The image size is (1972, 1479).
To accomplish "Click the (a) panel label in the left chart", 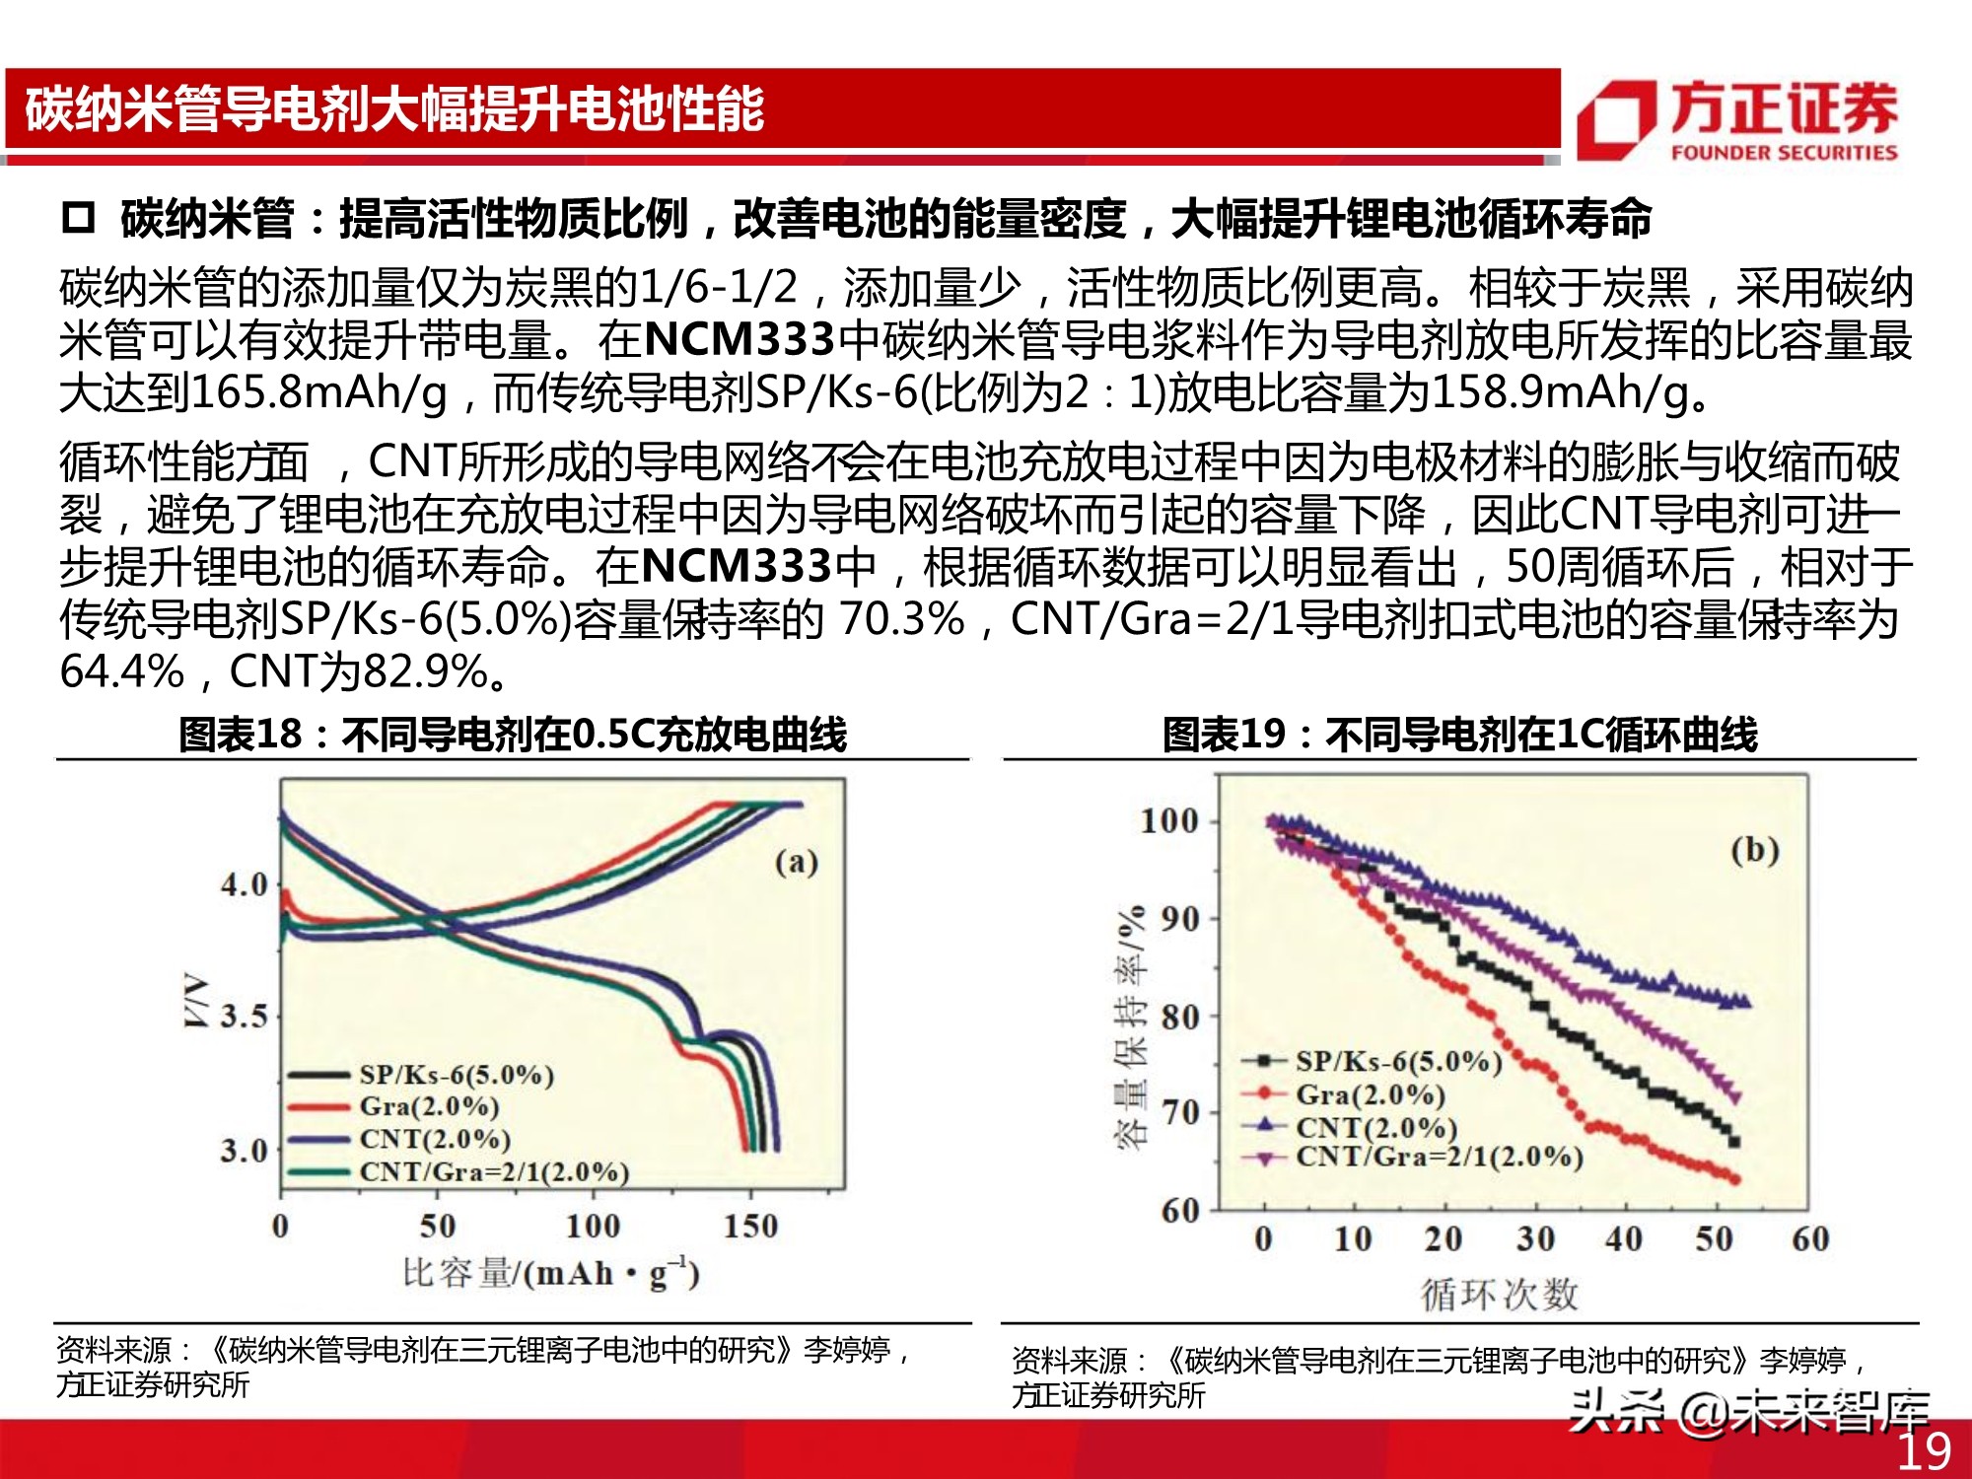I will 797,862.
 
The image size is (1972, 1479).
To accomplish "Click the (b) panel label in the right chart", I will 1755,850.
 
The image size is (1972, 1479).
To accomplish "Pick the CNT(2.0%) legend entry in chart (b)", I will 1375,1126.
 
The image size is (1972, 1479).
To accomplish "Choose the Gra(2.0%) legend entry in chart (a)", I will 429,1106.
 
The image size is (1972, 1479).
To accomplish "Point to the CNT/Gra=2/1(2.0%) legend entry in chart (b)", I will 1439,1157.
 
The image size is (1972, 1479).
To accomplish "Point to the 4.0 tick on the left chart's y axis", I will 244,884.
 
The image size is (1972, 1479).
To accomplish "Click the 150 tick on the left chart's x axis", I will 750,1226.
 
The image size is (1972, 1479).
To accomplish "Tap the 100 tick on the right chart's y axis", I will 1168,820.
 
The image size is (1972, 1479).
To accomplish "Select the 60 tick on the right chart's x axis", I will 1810,1238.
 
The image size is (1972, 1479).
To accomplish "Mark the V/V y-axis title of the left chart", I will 196,1001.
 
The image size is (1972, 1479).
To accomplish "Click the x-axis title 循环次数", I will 1499,1295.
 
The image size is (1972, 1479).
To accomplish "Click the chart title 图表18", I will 512,735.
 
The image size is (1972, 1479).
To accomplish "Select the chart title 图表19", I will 1459,735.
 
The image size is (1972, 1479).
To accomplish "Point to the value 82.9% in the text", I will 426,672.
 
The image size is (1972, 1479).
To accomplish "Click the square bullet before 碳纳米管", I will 78,218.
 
